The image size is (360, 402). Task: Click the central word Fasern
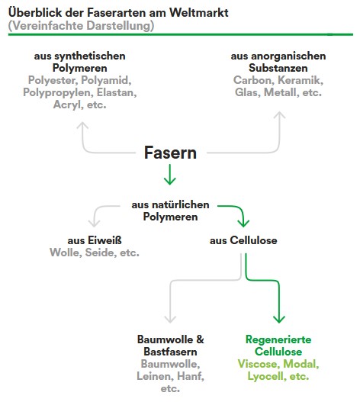170,153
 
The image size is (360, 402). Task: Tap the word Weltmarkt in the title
199,12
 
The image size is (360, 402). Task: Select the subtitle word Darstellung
120,26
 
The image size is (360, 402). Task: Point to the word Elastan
117,92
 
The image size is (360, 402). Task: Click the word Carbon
254,80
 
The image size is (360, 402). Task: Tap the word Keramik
301,80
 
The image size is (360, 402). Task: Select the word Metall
281,92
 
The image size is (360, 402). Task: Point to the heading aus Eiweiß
95,240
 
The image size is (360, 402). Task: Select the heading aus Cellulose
243,240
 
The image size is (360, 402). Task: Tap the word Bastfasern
170,352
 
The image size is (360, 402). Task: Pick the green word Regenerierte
278,339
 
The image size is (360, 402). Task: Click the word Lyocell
266,377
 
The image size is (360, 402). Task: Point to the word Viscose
259,364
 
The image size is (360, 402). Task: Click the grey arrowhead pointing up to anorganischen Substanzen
279,115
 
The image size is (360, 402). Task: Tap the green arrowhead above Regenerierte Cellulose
279,319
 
